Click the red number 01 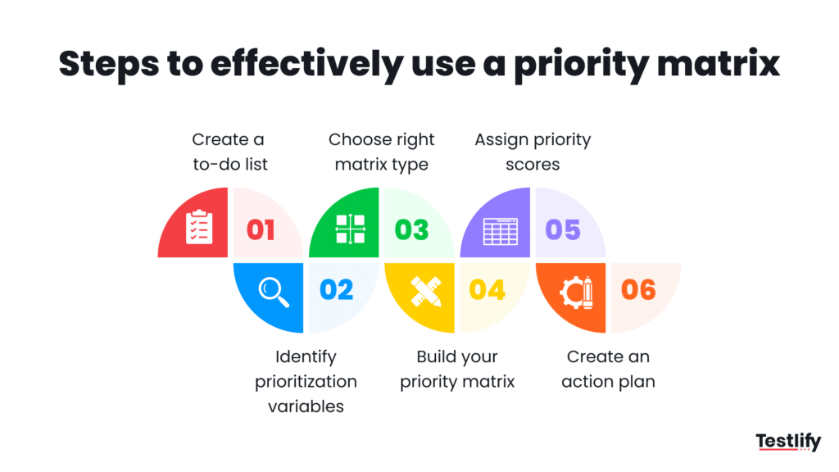pos(261,229)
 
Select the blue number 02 pos(336,289)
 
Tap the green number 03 pos(411,229)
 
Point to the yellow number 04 pos(487,289)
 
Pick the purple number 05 pos(563,229)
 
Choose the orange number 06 pos(638,289)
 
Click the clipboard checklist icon pos(198,228)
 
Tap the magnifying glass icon pos(274,292)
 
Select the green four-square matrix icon pos(350,229)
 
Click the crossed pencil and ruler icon pos(426,292)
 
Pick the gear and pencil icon pos(578,293)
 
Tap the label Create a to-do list pos(230,152)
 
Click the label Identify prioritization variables pos(306,381)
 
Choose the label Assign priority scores pos(533,152)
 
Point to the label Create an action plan pos(608,369)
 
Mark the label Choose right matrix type pos(381,152)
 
